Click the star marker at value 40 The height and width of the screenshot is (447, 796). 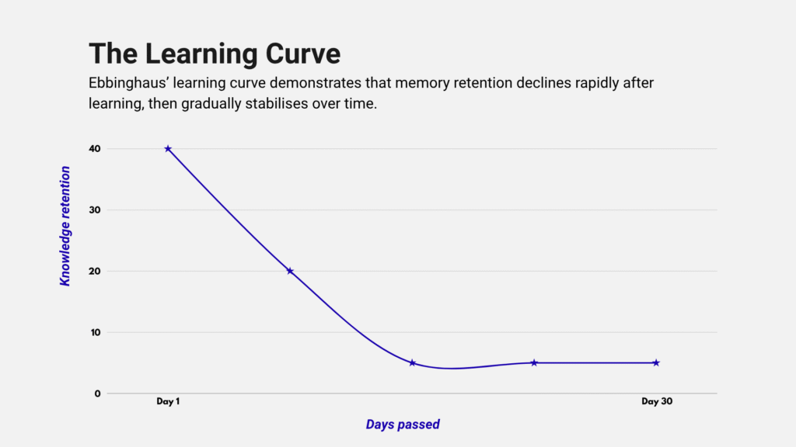pyautogui.click(x=168, y=148)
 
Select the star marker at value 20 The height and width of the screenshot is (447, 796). pyautogui.click(x=290, y=271)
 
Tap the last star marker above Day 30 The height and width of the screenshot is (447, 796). pyautogui.click(x=656, y=362)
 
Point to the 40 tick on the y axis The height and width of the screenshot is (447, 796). pyautogui.click(x=94, y=148)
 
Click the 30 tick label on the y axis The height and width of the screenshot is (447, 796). pyautogui.click(x=94, y=210)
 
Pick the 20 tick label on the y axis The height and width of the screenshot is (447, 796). pyautogui.click(x=94, y=271)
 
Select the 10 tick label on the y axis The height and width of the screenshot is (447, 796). pyautogui.click(x=94, y=332)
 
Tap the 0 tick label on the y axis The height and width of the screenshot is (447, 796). pyautogui.click(x=98, y=393)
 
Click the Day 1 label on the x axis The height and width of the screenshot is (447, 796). pyautogui.click(x=168, y=401)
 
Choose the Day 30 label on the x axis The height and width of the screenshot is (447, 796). pyautogui.click(x=656, y=401)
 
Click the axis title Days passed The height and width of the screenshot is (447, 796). pyautogui.click(x=403, y=424)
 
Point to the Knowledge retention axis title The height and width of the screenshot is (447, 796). pyautogui.click(x=65, y=226)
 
